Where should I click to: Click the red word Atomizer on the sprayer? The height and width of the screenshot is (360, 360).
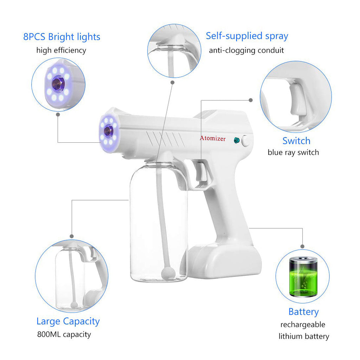[213, 138]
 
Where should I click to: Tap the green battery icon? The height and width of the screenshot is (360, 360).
[303, 277]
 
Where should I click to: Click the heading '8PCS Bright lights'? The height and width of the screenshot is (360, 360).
[62, 37]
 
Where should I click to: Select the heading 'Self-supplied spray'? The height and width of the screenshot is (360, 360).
[247, 36]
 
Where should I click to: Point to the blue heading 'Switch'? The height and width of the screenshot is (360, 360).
[296, 141]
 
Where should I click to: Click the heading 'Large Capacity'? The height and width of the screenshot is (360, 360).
[68, 321]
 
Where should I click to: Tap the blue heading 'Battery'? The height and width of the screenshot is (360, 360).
[303, 312]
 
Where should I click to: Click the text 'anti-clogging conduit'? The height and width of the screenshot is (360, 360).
[246, 50]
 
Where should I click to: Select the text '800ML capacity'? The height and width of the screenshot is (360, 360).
[64, 334]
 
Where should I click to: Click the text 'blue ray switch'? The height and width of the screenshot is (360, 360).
[293, 153]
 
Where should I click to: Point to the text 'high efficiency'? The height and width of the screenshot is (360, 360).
[61, 50]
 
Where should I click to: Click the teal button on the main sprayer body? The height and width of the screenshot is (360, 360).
[237, 140]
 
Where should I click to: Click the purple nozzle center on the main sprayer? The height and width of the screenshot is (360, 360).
[108, 131]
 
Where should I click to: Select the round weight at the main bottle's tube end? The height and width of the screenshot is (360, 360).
[168, 273]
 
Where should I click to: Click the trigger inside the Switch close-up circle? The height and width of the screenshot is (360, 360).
[298, 100]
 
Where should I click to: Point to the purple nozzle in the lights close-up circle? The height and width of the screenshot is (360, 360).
[58, 84]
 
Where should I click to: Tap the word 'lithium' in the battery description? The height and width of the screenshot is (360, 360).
[290, 336]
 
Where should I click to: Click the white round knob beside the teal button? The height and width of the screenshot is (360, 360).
[246, 141]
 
